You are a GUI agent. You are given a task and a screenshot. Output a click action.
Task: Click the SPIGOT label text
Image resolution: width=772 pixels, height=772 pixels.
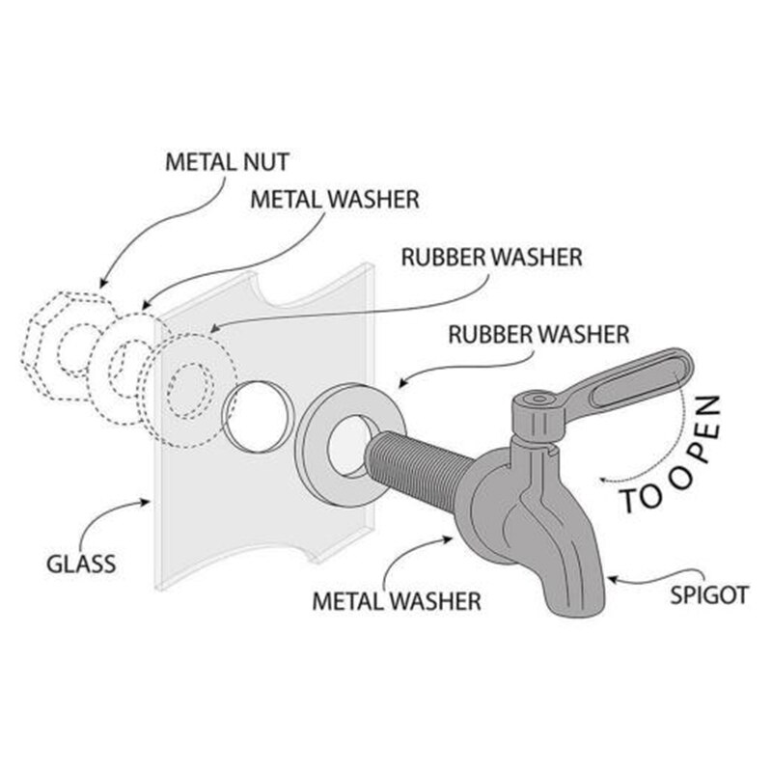coord(709,594)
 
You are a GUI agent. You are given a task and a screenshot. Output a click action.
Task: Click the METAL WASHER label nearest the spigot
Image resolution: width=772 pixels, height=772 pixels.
coord(396,600)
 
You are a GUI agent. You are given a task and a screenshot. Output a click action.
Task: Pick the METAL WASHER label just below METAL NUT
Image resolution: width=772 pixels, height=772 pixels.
coord(334,200)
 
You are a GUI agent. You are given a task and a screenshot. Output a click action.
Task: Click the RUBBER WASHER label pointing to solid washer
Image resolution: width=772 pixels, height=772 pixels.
coord(538,335)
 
